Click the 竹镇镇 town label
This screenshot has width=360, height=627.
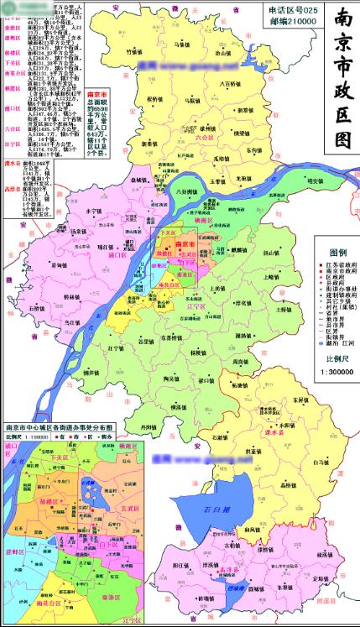tap(135, 50)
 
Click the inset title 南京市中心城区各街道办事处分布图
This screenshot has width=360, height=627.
tap(64, 427)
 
